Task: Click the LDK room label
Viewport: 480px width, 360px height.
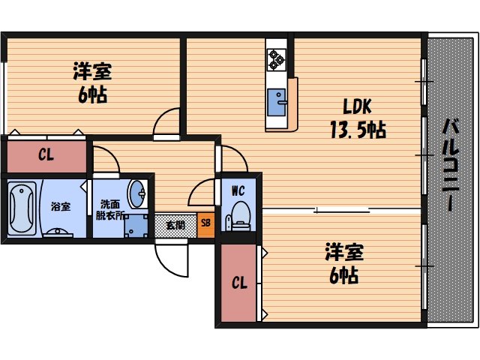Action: coord(357,105)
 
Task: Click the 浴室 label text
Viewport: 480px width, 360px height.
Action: coord(60,205)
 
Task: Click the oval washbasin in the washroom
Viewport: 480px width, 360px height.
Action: coord(138,195)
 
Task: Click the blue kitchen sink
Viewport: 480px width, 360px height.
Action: coord(278,102)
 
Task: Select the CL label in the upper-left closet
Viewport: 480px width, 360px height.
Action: coord(46,157)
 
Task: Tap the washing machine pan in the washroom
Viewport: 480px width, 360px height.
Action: coord(137,224)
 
